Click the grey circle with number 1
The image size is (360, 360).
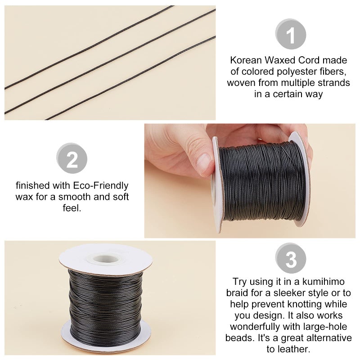(x=290, y=34)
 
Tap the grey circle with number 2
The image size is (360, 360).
(x=72, y=159)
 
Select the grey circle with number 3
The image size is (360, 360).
(x=290, y=259)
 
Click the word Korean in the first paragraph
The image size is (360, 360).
(x=245, y=60)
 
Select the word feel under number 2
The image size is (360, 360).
(x=72, y=209)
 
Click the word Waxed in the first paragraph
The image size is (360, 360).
(x=277, y=60)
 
